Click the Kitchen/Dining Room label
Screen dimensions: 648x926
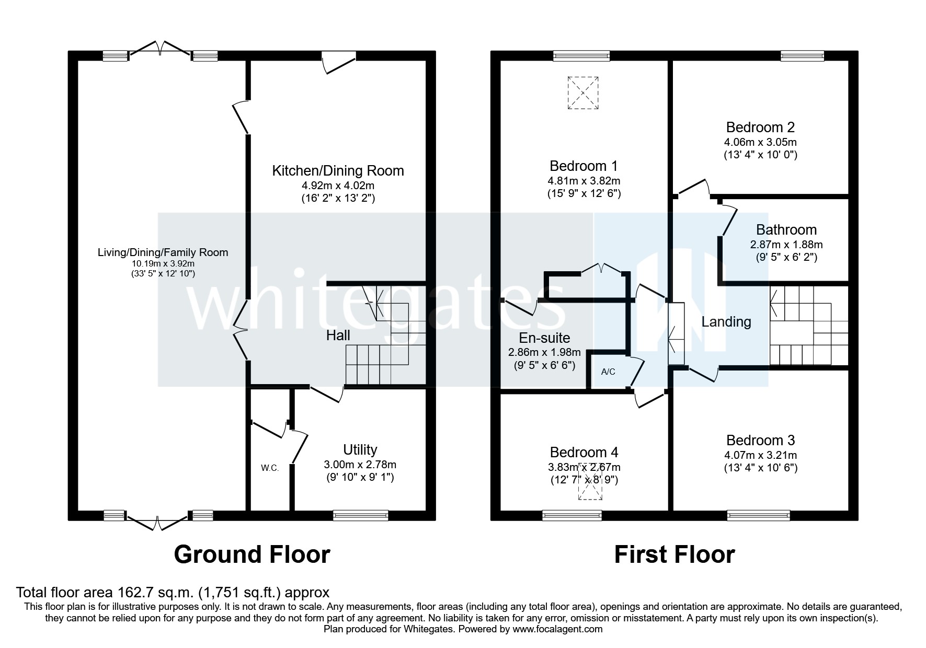tap(338, 170)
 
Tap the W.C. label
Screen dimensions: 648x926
tap(270, 468)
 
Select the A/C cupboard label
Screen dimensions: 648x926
tap(608, 372)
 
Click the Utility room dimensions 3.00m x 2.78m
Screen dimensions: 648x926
tap(360, 464)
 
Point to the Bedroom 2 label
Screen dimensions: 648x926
tap(760, 127)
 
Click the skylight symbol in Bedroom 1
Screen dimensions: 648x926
tap(582, 92)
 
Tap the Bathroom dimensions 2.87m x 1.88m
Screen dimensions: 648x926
tap(786, 244)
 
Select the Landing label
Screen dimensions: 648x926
tap(726, 322)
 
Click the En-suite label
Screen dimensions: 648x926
tap(544, 338)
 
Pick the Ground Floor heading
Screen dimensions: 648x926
tap(252, 554)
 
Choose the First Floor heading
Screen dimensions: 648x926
tap(674, 554)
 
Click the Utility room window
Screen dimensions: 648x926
tap(360, 516)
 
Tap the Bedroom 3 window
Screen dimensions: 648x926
tap(758, 516)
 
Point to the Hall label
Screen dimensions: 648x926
tap(338, 335)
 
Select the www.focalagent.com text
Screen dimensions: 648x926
tap(557, 629)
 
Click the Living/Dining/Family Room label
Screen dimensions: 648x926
tap(163, 252)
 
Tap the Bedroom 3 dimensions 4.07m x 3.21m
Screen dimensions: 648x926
tap(760, 455)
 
